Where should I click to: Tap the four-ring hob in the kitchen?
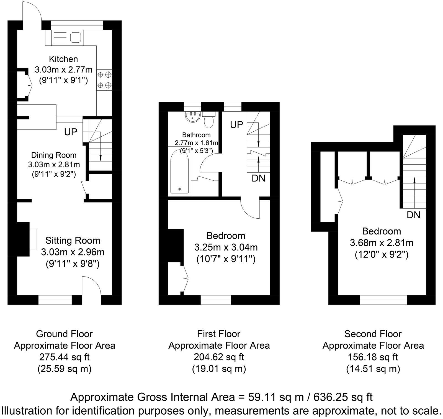[104, 80]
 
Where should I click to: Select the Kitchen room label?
[63, 59]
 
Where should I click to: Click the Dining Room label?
[54, 155]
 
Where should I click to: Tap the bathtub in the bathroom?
[180, 171]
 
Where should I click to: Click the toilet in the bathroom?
[208, 119]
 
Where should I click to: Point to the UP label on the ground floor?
[71, 132]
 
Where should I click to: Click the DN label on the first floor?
[258, 178]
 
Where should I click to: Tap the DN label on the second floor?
[413, 215]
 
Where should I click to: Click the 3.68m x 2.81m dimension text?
[382, 243]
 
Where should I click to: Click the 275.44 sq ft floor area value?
[64, 357]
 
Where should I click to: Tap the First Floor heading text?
[219, 334]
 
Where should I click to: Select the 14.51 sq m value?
[373, 369]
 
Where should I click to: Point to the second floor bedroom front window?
[383, 300]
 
